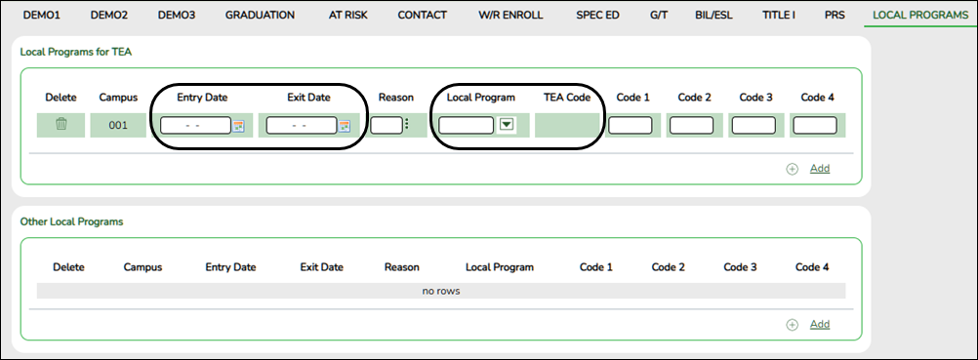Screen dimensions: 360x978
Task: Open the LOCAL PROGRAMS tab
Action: pos(920,15)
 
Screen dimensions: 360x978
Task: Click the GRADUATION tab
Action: pos(260,15)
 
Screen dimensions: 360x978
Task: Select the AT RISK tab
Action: pos(346,15)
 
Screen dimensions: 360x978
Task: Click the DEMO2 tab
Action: pos(109,15)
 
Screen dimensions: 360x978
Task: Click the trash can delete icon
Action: pos(61,125)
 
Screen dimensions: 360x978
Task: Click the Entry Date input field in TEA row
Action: pos(195,125)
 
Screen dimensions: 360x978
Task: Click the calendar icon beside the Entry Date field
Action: pos(238,125)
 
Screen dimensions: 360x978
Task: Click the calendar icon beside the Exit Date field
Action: pos(344,125)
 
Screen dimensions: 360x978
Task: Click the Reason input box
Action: pos(387,125)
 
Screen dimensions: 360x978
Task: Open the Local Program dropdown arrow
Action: pos(506,125)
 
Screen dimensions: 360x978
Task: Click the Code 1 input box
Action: pos(631,125)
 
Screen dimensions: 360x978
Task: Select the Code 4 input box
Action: pos(814,125)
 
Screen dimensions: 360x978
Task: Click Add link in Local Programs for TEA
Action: pos(819,168)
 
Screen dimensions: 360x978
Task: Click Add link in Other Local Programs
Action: pos(819,324)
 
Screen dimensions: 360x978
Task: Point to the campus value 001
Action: pos(118,125)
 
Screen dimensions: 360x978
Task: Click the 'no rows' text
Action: pos(440,290)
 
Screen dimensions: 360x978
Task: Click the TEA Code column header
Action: pos(567,98)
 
